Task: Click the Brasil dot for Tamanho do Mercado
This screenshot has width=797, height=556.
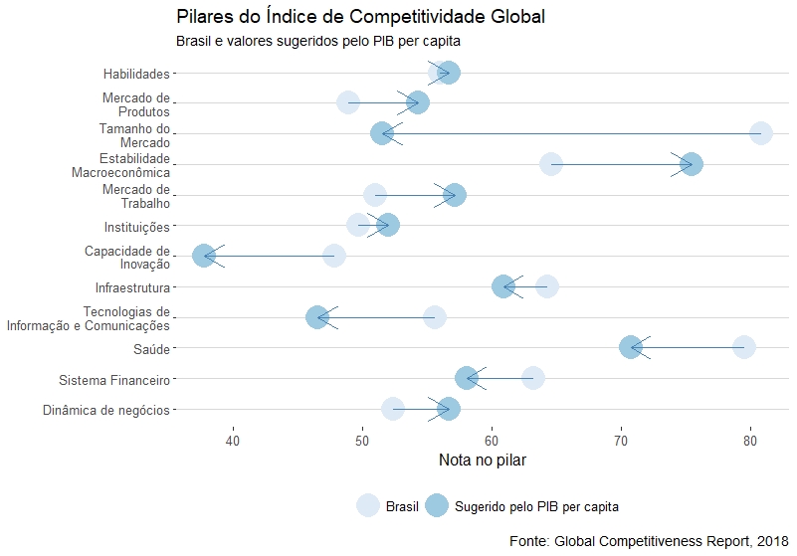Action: pos(761,133)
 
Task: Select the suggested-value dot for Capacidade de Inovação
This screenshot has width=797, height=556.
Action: pos(204,256)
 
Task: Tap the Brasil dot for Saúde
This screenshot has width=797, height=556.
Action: pos(744,347)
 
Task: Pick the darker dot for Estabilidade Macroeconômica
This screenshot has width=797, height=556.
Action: pos(692,164)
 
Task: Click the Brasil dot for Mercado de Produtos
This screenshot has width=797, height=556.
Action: pos(347,102)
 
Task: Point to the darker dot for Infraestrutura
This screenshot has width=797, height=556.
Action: pos(503,286)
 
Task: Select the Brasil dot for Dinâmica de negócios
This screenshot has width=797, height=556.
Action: pos(393,409)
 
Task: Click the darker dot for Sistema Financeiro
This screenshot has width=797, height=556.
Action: pos(467,378)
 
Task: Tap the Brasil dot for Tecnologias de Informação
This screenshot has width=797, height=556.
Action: pos(435,317)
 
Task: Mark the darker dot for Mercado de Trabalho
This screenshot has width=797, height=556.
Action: pos(455,195)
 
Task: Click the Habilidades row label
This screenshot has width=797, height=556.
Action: pos(136,74)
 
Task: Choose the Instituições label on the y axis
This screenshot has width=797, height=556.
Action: pos(137,227)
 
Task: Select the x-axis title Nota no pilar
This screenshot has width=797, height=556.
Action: pos(483,460)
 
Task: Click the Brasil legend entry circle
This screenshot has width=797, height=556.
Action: pos(368,505)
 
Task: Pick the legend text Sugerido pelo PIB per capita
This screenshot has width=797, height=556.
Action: pos(536,506)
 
